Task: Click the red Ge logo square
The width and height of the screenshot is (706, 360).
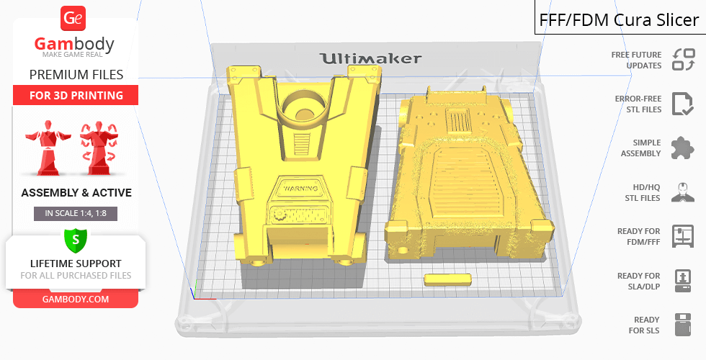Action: coord(73,19)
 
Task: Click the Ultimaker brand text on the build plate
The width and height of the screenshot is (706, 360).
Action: coord(370,58)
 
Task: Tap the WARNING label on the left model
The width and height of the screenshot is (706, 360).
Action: coord(301,188)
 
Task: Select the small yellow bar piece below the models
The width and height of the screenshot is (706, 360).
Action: coord(447,279)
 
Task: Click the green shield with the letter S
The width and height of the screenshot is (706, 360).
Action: coord(75,240)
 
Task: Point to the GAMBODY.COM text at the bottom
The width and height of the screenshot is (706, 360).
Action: coord(76,300)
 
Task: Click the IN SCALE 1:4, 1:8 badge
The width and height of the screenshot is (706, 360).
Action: coord(76,213)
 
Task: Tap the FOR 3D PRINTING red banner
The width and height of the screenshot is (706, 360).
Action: coord(76,95)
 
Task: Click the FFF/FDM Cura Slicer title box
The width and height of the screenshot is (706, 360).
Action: coord(620,18)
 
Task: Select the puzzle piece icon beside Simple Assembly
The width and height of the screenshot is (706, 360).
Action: coord(683,148)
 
